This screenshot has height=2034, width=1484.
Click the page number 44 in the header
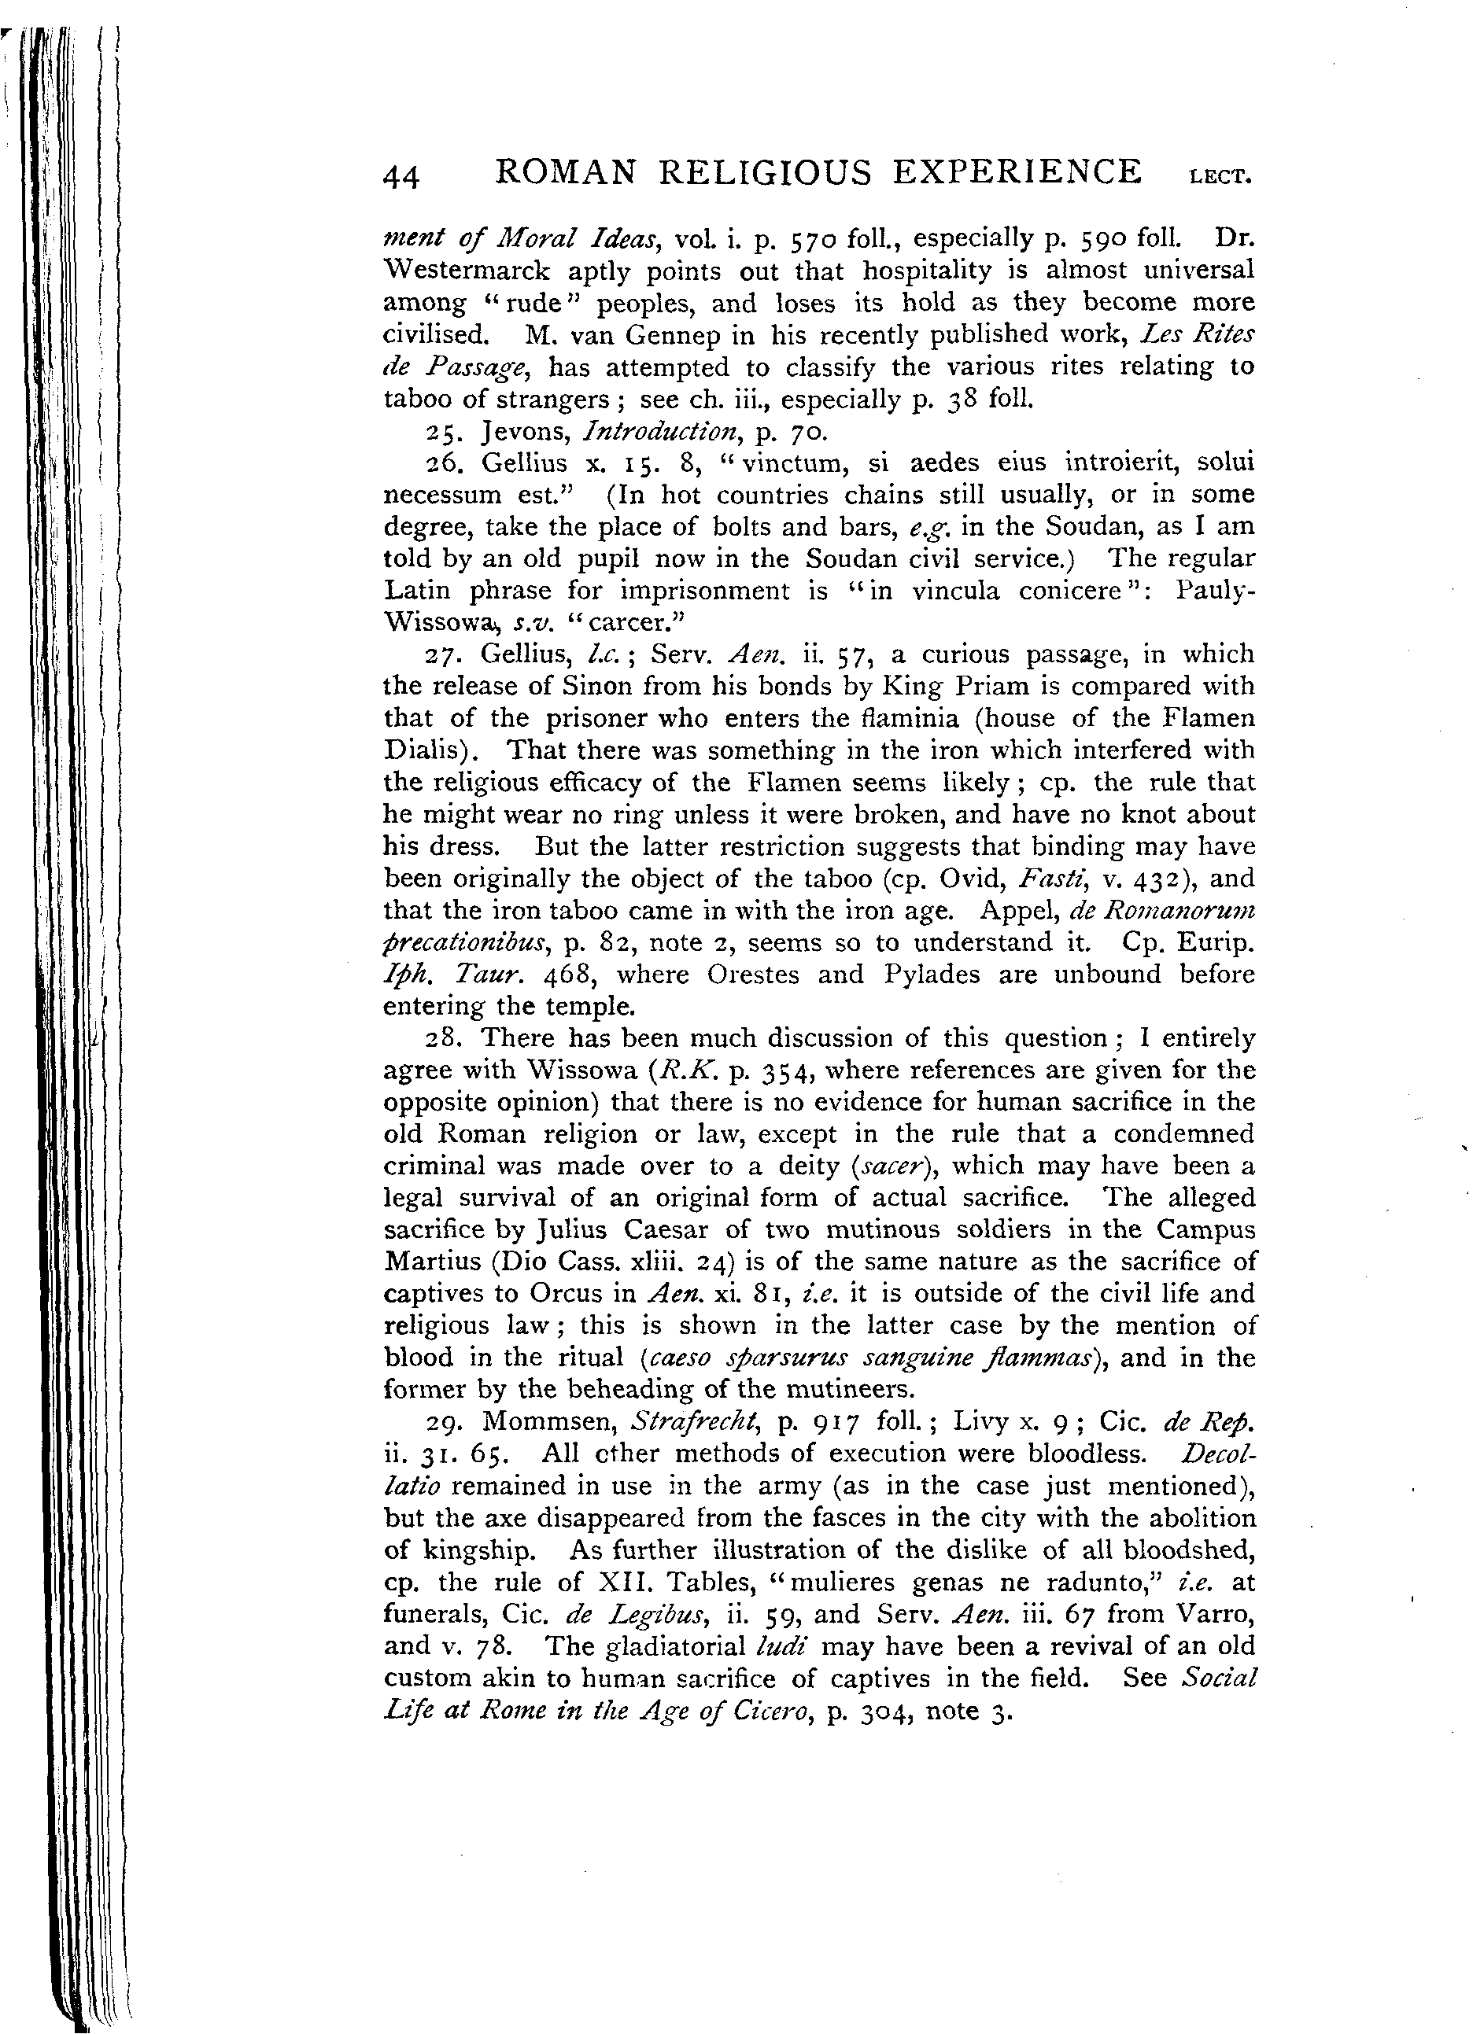tap(401, 177)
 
